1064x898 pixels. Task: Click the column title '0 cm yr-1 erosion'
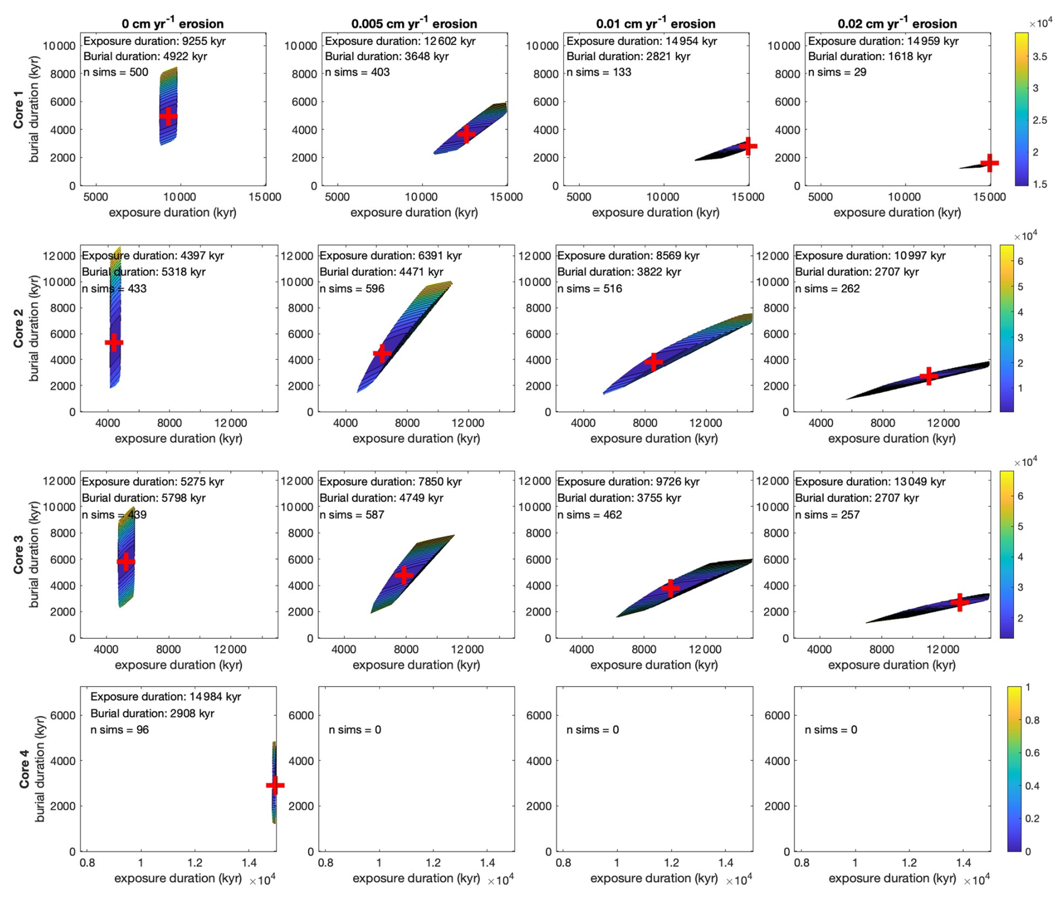click(x=173, y=24)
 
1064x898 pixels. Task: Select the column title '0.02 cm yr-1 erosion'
click(x=897, y=24)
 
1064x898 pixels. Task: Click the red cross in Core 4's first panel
click(x=275, y=785)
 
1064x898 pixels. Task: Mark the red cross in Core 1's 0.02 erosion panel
click(x=989, y=164)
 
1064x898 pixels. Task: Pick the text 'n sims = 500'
click(x=116, y=72)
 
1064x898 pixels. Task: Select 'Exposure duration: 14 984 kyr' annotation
click(x=165, y=697)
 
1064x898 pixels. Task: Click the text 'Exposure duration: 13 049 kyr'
click(x=870, y=482)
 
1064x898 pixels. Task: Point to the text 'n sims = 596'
click(x=351, y=289)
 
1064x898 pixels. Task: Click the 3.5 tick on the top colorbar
click(x=1040, y=56)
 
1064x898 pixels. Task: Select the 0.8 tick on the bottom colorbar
click(x=1032, y=720)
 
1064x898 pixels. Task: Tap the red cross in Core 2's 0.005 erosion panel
click(x=382, y=353)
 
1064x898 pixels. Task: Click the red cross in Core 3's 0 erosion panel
click(x=126, y=561)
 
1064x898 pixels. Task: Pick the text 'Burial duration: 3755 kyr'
click(x=619, y=498)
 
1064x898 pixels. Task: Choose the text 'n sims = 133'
click(x=598, y=72)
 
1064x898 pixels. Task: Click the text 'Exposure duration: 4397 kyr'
click(x=153, y=256)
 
